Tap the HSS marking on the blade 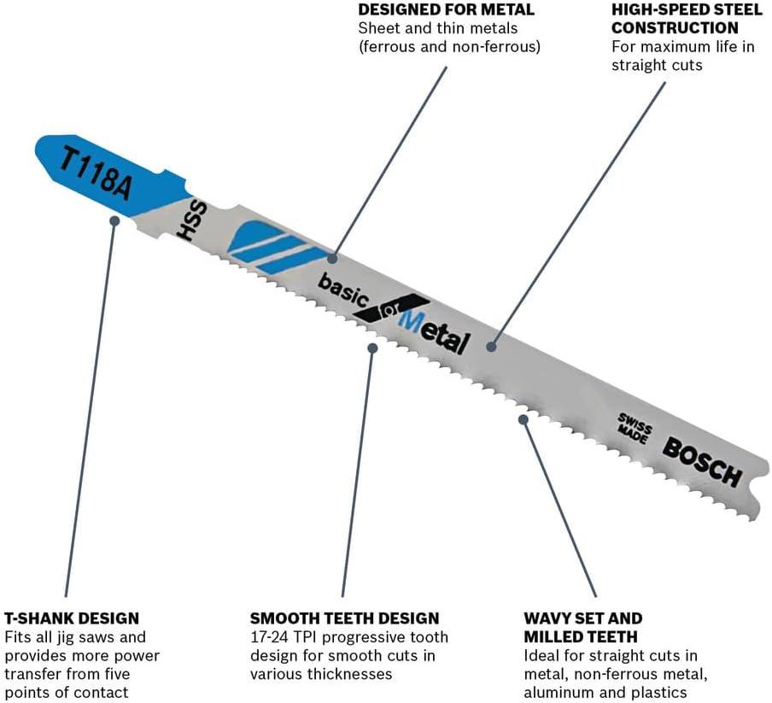click(x=192, y=220)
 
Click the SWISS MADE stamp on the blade click(x=635, y=428)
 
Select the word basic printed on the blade click(x=343, y=290)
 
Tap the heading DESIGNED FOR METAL click(x=446, y=9)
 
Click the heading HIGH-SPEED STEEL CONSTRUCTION click(x=687, y=19)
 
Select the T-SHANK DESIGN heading click(x=72, y=618)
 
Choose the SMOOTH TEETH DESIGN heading click(x=345, y=618)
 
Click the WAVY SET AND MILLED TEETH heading click(x=583, y=628)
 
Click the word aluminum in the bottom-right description click(x=559, y=692)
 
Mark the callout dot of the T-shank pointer click(x=114, y=220)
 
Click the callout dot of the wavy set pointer click(x=523, y=419)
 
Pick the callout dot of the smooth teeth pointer click(x=372, y=348)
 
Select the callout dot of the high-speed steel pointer click(x=491, y=347)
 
